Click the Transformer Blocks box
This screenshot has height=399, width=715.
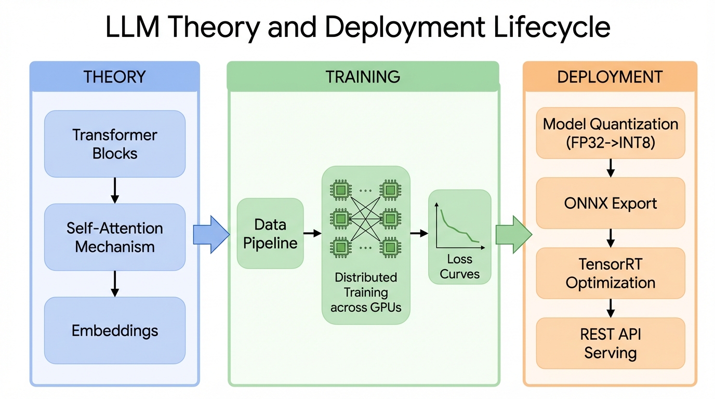click(115, 144)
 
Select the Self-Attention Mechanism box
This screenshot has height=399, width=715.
click(115, 237)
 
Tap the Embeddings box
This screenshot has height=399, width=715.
click(115, 330)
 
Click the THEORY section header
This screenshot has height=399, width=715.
click(115, 77)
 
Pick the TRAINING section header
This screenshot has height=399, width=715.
click(363, 77)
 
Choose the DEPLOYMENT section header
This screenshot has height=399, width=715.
click(610, 77)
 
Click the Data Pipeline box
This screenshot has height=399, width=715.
click(270, 234)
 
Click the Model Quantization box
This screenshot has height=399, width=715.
click(611, 133)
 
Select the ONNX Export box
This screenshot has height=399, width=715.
click(611, 203)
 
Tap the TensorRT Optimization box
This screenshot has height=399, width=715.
click(611, 273)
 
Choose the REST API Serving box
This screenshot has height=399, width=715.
click(611, 343)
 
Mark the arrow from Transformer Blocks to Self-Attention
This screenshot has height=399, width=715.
click(115, 191)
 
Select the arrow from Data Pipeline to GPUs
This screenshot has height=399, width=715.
click(312, 234)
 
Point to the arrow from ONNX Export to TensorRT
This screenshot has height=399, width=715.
click(611, 238)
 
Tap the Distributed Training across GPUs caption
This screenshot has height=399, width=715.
click(366, 292)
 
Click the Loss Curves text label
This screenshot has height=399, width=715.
click(459, 267)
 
